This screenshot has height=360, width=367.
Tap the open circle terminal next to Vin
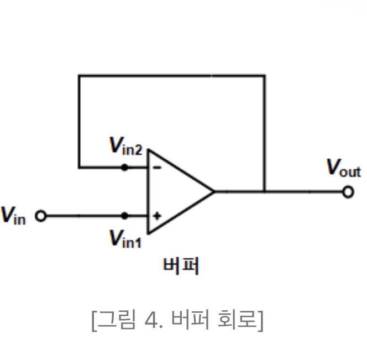click(40, 216)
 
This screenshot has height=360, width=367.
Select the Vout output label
click(343, 168)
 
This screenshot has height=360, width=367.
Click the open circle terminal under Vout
click(348, 192)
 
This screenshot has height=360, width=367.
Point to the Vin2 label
click(126, 147)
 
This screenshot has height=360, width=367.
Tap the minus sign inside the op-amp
click(156, 167)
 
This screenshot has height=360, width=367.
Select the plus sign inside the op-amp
click(157, 216)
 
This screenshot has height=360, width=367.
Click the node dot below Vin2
click(124, 167)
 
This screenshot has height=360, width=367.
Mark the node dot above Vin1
click(124, 216)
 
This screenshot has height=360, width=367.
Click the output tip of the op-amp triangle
click(213, 192)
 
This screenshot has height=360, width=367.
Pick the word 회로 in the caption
click(237, 320)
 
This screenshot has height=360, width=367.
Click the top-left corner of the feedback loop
click(79, 75)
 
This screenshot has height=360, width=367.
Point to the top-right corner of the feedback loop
click(264, 75)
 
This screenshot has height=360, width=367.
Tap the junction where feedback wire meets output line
click(264, 192)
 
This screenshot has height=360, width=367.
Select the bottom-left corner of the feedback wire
click(79, 167)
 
